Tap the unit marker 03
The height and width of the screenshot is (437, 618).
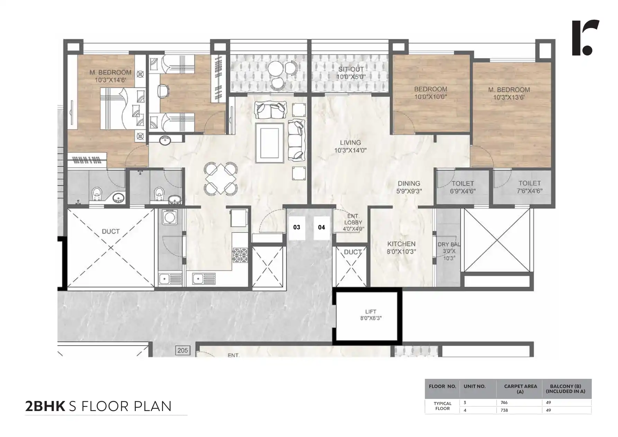point(297,228)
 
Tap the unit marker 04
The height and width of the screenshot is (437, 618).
point(322,228)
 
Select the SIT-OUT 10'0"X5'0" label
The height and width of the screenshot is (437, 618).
point(351,73)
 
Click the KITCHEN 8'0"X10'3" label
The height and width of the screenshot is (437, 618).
point(401,248)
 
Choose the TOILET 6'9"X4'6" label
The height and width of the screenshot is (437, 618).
point(463,187)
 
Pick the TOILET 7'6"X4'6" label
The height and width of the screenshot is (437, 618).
point(529,187)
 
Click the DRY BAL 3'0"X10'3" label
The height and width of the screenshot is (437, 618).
point(449,251)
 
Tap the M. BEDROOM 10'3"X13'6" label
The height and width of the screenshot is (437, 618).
point(509,93)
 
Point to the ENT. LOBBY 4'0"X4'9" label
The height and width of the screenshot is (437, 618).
point(353,222)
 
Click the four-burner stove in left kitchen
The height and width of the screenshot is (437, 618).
point(240,255)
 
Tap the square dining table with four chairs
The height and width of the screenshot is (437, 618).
point(221,179)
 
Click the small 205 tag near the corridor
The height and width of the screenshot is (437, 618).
point(182,350)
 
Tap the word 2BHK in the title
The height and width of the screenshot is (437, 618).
point(45,406)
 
